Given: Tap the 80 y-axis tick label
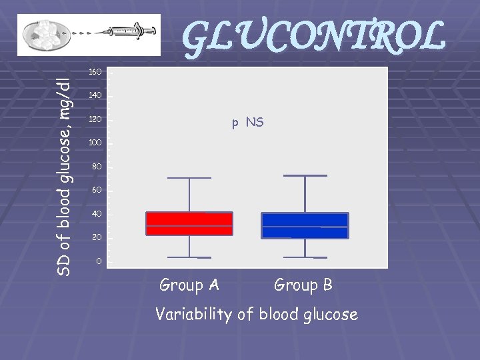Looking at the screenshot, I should pyautogui.click(x=97, y=167).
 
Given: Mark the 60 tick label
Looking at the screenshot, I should pyautogui.click(x=97, y=191).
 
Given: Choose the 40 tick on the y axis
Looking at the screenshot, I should pyautogui.click(x=97, y=214).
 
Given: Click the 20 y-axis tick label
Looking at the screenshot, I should pyautogui.click(x=97, y=238).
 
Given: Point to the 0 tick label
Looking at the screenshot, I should pyautogui.click(x=99, y=261).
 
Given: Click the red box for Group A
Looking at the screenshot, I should pyautogui.click(x=189, y=223).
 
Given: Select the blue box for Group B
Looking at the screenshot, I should pyautogui.click(x=305, y=225).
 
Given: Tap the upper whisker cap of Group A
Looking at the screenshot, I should pyautogui.click(x=189, y=178).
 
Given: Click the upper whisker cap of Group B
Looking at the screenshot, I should pyautogui.click(x=305, y=175).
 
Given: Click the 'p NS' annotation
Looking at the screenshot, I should pyautogui.click(x=247, y=123).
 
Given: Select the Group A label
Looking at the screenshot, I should pyautogui.click(x=189, y=285).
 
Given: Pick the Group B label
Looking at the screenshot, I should pyautogui.click(x=303, y=285).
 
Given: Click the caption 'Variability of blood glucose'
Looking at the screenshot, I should pyautogui.click(x=257, y=314).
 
